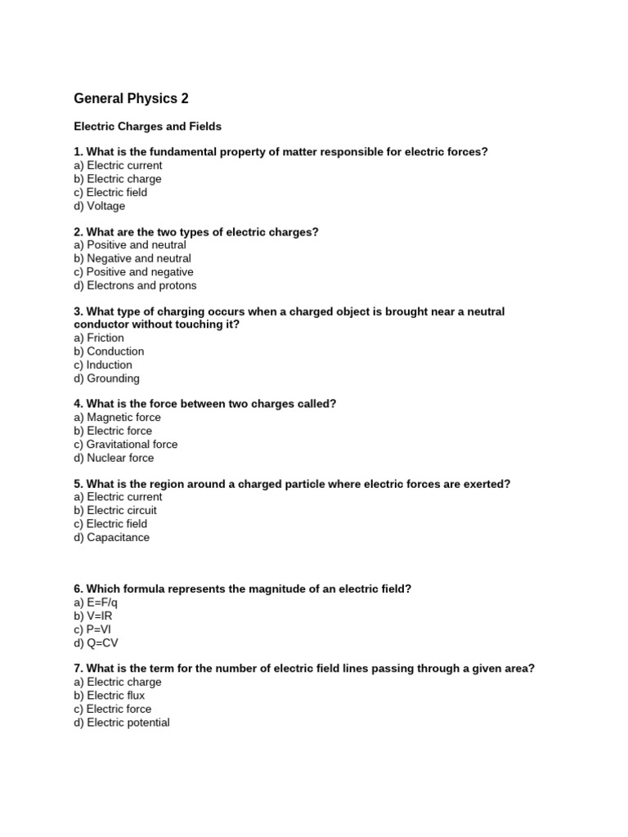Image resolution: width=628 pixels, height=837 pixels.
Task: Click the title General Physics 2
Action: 131,99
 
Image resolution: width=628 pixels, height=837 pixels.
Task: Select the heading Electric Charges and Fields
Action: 147,127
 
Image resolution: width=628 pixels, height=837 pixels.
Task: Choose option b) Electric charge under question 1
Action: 118,179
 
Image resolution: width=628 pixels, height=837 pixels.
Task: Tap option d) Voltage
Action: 99,206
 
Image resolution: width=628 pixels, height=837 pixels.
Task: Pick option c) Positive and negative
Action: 133,272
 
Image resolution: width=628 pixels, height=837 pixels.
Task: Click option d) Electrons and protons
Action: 135,285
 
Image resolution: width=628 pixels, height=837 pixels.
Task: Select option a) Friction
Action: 99,338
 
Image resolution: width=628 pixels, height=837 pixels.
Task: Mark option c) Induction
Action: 102,365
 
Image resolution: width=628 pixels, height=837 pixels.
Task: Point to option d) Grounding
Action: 106,378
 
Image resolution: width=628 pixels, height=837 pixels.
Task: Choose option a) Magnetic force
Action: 117,417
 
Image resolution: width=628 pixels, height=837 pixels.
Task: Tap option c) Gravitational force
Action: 125,444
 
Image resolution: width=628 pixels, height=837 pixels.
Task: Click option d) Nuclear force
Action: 114,458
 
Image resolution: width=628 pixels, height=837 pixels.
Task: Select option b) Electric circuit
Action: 115,510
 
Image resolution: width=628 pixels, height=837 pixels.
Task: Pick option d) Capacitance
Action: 111,537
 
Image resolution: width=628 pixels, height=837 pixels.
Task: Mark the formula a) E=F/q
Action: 96,602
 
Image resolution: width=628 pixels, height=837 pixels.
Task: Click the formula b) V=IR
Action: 95,616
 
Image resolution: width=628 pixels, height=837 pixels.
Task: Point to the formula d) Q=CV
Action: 96,643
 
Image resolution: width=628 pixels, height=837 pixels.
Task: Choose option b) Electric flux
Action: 110,696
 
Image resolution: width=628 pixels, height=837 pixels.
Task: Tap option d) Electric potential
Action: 122,723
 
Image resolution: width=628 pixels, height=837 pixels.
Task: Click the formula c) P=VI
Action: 94,629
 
